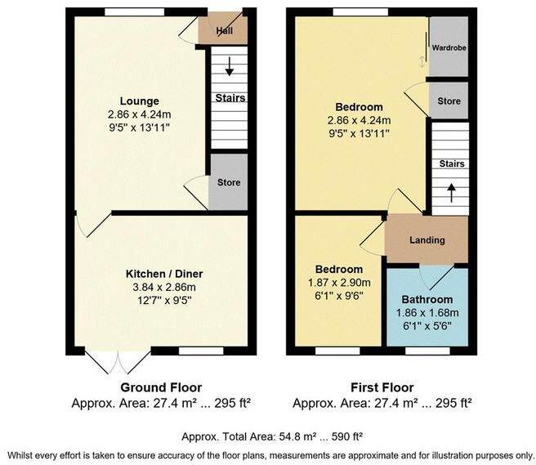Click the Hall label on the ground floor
225,31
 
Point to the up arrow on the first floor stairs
449,192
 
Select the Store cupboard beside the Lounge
229,182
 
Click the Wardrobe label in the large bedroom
449,48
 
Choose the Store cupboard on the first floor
449,102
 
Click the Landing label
427,240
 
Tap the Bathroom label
427,300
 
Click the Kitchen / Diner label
163,273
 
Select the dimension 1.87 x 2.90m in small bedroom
339,283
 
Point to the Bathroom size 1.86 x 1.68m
427,313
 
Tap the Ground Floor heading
161,387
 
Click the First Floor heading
381,387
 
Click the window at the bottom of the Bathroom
427,351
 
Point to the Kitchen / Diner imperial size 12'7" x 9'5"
163,299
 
